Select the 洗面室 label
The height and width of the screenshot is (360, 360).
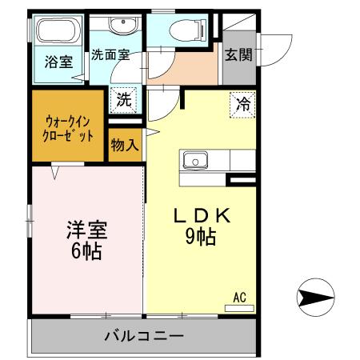(x=109, y=56)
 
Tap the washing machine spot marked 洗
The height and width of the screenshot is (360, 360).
(x=124, y=100)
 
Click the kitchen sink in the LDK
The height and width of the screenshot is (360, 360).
(x=194, y=161)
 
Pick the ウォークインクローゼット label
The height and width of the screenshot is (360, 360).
(x=69, y=126)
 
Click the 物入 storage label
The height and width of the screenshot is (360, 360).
(x=125, y=145)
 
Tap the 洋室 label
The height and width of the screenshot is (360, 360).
(x=86, y=229)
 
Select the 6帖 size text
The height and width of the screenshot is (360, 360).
(x=86, y=250)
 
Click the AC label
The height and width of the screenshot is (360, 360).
(x=239, y=297)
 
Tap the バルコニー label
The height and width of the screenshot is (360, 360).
(x=144, y=335)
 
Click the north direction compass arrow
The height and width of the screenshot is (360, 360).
(x=314, y=298)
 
